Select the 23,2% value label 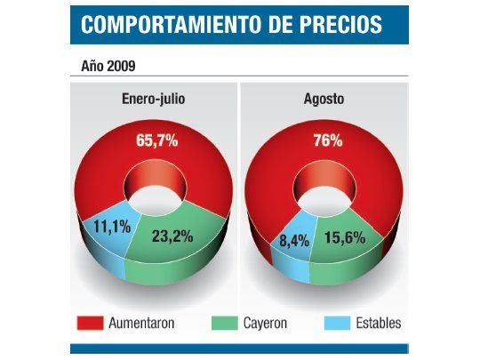click(x=173, y=236)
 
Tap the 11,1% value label click(x=111, y=228)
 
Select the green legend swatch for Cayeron click(x=223, y=324)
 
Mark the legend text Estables click(x=377, y=324)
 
